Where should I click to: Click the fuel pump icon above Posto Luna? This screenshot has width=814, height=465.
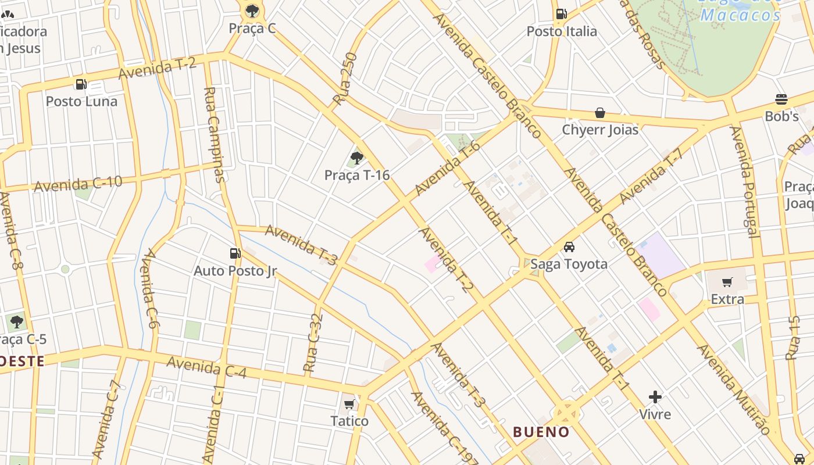point(81,84)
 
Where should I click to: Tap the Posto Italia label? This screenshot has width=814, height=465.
point(562,31)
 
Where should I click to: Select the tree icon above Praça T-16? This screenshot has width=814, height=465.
point(357,158)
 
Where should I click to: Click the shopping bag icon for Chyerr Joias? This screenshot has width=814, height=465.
point(600,113)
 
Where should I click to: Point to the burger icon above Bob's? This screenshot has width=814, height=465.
point(781,99)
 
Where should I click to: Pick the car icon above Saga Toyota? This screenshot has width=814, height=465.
point(569,247)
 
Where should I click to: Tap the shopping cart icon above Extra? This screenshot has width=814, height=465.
point(727,282)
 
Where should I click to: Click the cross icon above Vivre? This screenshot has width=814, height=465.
point(655,397)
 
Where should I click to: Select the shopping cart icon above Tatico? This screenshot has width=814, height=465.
point(349,404)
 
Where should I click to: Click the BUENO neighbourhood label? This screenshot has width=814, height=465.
point(541,432)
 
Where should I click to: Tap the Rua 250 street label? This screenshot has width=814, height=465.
point(345,80)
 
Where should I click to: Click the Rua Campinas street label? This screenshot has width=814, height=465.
point(215,134)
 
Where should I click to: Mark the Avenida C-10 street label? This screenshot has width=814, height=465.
point(78,184)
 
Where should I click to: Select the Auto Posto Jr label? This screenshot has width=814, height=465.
point(235,271)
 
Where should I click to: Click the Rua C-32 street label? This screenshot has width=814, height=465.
point(313,343)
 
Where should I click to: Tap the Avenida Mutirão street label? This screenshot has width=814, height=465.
point(734,390)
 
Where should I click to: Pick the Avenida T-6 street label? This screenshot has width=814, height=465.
point(448,168)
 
